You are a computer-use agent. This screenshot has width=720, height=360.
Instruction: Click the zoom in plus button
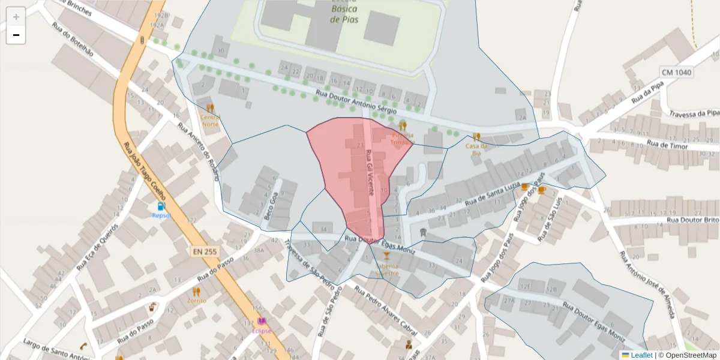pyautogui.click(x=16, y=17)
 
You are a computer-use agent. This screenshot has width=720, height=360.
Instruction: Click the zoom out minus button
pyautogui.click(x=16, y=35)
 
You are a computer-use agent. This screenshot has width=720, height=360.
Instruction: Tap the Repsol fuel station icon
pyautogui.click(x=161, y=206)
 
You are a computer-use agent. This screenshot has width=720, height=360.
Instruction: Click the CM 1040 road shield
pyautogui.click(x=677, y=72)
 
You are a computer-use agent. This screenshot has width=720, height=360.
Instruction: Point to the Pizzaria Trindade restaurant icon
pyautogui.click(x=402, y=126)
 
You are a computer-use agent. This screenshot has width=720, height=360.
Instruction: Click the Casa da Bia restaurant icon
pyautogui.click(x=476, y=137)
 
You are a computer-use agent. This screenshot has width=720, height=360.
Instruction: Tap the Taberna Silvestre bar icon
pyautogui.click(x=386, y=256)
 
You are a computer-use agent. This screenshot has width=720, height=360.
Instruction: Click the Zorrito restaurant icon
pyautogui.click(x=196, y=292)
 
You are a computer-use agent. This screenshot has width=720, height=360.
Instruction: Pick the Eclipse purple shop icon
pyautogui.click(x=262, y=322)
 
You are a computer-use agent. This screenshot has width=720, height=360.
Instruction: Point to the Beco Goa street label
pyautogui.click(x=271, y=205)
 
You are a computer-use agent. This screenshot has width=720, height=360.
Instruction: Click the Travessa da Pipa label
pyautogui.click(x=694, y=113)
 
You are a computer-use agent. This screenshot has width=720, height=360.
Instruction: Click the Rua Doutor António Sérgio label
pyautogui.click(x=356, y=102)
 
